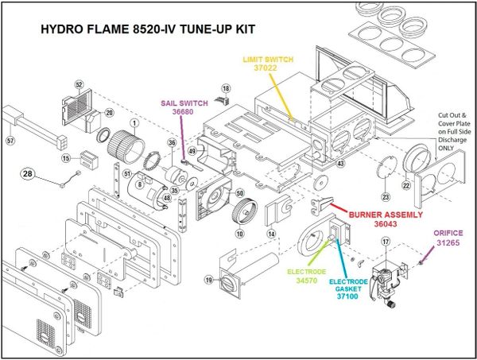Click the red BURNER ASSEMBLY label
tap(378, 215)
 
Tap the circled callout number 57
tap(10, 141)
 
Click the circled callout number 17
tap(386, 242)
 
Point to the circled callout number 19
tap(209, 280)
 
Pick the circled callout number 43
tap(340, 163)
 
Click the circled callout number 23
tap(386, 196)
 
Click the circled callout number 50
tap(238, 192)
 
